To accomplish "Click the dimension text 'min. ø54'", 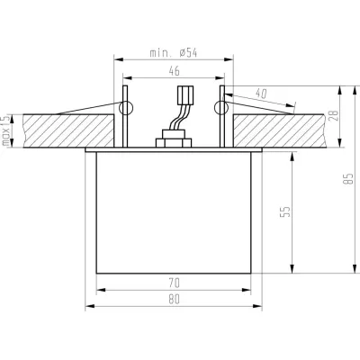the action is pos(173,53).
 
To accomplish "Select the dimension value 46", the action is pos(174,71).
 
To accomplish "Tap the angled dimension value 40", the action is pos(261,94).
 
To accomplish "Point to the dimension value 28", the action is pos(334,115).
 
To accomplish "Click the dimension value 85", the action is pos(348,179).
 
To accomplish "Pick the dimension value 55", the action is pos(286,211).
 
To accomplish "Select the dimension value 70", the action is pos(174,283).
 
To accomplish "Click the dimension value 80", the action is pos(174,300).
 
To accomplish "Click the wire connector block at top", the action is pos(185,95).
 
